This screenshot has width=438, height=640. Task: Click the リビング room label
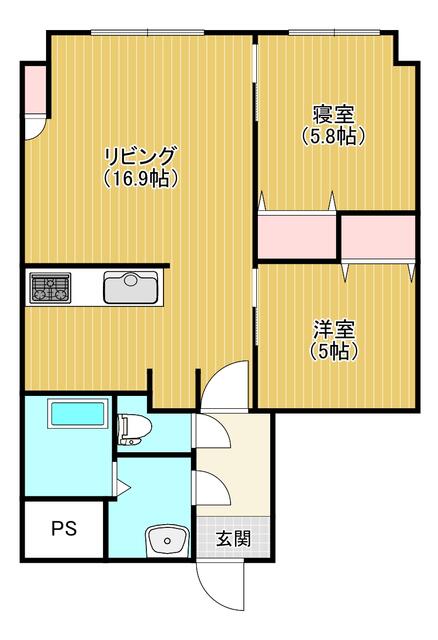tap(140, 156)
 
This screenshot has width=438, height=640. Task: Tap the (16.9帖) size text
tap(140, 178)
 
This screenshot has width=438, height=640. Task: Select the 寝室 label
tap(333, 115)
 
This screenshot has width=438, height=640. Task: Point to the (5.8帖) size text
tap(333, 136)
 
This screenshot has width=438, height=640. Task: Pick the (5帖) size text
tap(333, 350)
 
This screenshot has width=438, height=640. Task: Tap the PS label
tap(64, 529)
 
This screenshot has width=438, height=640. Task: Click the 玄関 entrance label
tap(233, 539)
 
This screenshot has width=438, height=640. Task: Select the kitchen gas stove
tap(50, 287)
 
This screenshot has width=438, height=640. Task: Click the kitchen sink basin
tap(131, 287)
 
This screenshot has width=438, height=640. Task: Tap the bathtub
tap(77, 413)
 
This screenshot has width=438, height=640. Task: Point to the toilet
tap(134, 429)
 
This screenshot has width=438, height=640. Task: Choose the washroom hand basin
tap(167, 541)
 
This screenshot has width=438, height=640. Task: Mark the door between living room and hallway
tap(224, 384)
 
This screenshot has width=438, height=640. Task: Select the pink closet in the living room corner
tap(34, 88)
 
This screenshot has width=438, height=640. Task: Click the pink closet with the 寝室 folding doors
tap(297, 236)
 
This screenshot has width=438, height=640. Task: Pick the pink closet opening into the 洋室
tap(378, 237)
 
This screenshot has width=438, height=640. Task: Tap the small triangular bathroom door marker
tap(123, 487)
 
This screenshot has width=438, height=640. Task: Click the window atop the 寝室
tap(333, 32)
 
